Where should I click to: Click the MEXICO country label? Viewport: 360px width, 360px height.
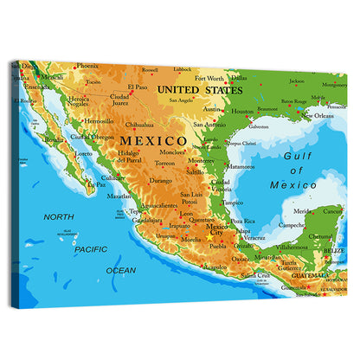click(x=152, y=140)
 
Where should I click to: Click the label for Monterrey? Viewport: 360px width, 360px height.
click(x=201, y=160)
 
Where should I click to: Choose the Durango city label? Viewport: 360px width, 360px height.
click(x=160, y=181)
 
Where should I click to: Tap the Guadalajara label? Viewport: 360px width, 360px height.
click(x=147, y=220)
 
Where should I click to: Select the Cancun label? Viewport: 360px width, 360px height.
click(x=332, y=210)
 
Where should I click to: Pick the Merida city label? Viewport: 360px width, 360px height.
click(x=302, y=210)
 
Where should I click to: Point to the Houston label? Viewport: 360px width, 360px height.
click(x=243, y=111)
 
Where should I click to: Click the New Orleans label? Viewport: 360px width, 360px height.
click(x=324, y=115)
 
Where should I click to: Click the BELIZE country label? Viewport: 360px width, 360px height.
click(x=332, y=250)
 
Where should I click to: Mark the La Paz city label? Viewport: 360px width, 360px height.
click(x=97, y=183)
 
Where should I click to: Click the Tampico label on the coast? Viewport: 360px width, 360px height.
click(x=232, y=202)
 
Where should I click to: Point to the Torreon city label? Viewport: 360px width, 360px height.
click(x=164, y=163)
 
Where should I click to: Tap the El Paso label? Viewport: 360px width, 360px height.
click(x=137, y=87)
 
